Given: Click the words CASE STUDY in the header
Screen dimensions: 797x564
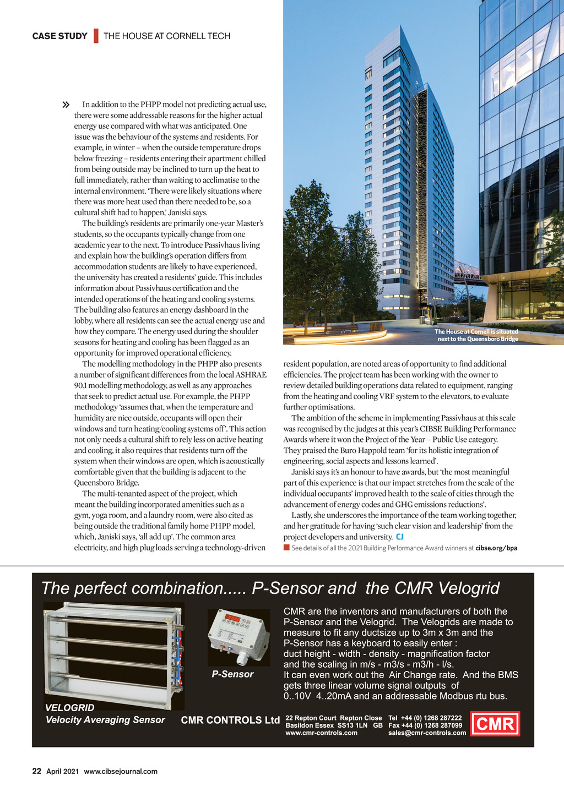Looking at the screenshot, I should coord(59,36).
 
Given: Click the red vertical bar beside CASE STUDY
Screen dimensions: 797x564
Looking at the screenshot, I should coord(96,36).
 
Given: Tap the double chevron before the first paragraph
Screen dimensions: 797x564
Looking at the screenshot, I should coord(66,105).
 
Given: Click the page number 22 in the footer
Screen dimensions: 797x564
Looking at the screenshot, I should coord(36,771).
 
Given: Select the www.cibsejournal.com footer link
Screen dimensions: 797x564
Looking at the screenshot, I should coord(121,772).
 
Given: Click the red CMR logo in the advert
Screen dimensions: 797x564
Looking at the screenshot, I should coord(495,724).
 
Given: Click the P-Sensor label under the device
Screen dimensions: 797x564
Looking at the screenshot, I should coord(232,674).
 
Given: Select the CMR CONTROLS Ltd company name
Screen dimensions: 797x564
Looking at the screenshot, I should coord(230,720).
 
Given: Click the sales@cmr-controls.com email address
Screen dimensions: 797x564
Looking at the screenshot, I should coord(427,733).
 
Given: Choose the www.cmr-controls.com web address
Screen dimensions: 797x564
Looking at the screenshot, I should coord(321,733).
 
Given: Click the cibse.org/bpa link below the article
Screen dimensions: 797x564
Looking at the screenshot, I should coord(496,548).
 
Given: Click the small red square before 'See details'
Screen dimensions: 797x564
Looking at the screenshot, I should coord(286,548).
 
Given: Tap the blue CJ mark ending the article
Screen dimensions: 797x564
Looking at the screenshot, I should coord(400,537).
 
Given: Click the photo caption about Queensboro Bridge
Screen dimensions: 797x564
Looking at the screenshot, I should coord(476,335).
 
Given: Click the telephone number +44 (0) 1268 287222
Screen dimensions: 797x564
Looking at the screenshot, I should coord(431,718).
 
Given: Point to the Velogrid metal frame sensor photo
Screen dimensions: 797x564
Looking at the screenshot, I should coord(113,654).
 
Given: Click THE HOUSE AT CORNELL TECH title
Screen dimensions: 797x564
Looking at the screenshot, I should coord(167,36).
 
